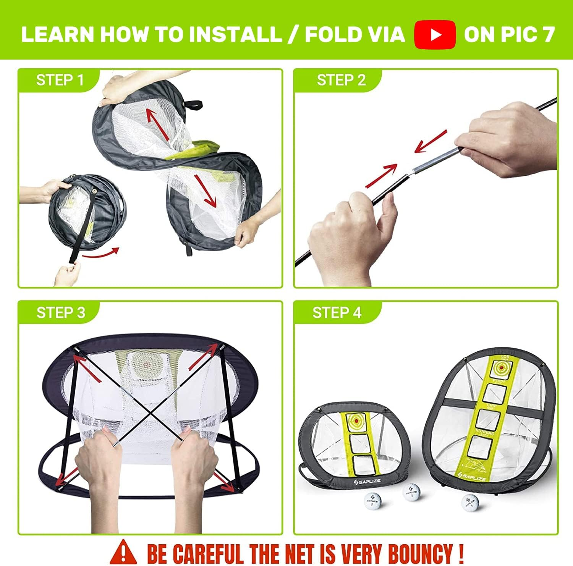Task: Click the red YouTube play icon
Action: click(x=435, y=34)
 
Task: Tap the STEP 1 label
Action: click(x=60, y=80)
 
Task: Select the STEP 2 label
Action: click(x=341, y=80)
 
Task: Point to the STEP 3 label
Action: click(x=61, y=312)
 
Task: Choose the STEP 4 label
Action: click(x=337, y=312)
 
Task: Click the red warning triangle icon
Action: click(x=123, y=552)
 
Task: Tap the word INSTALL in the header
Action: click(x=235, y=34)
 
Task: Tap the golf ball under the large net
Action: click(x=470, y=502)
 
